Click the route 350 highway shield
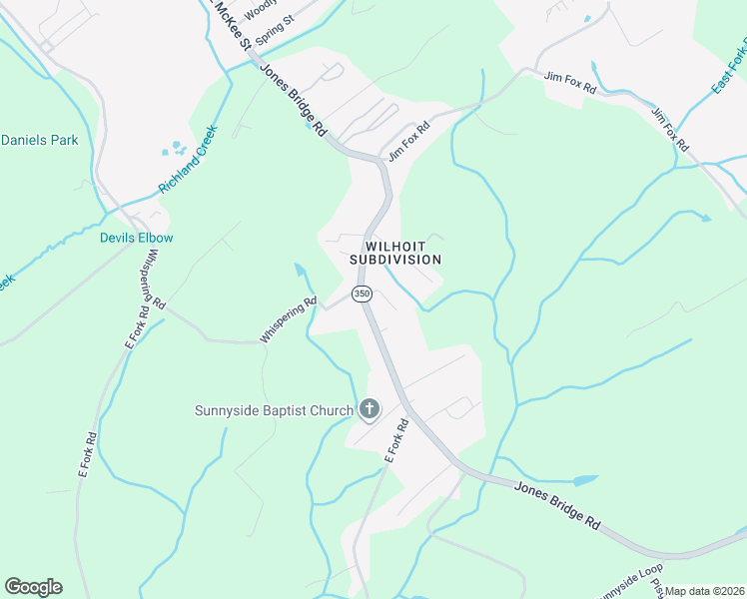pyautogui.click(x=362, y=295)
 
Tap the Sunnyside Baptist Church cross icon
pyautogui.click(x=370, y=408)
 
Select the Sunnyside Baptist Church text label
pyautogui.click(x=275, y=410)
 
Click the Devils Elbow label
pyautogui.click(x=136, y=238)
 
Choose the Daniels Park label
pyautogui.click(x=39, y=141)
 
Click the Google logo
pyautogui.click(x=33, y=587)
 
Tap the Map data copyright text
pyautogui.click(x=704, y=591)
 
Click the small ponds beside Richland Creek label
pyautogui.click(x=175, y=150)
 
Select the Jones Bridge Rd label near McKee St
pyautogui.click(x=294, y=100)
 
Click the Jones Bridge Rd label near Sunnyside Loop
pyautogui.click(x=558, y=505)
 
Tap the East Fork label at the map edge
pyautogui.click(x=729, y=68)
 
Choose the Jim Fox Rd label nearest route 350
pyautogui.click(x=408, y=142)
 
